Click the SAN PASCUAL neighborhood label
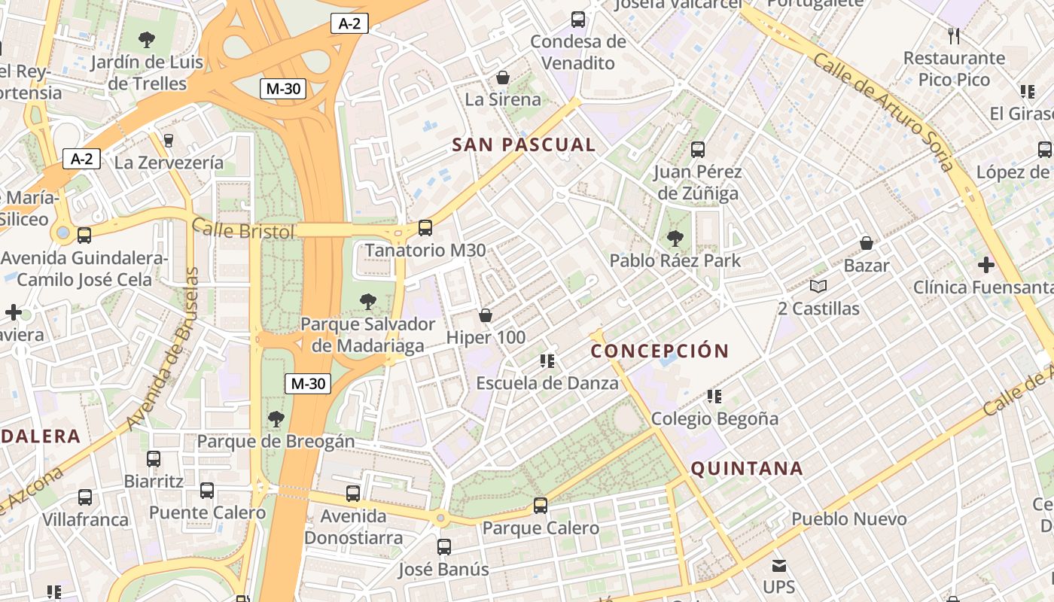tap(523, 145)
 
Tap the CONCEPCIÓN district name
tap(660, 351)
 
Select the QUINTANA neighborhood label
tap(747, 469)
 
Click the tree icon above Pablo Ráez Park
tap(675, 239)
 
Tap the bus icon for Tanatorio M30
tap(425, 228)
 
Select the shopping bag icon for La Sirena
tap(503, 78)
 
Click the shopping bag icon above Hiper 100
tap(486, 315)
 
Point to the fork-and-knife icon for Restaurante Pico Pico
tap(954, 35)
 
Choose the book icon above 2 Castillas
tap(818, 287)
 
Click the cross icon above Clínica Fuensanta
tap(985, 265)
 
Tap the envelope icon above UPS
tap(778, 565)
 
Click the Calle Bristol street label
tap(243, 230)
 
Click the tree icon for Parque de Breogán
tap(276, 419)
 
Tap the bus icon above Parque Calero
tap(541, 506)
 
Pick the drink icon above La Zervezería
tap(169, 140)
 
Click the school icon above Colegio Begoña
tap(714, 396)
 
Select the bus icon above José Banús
tap(444, 547)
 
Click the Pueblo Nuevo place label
tap(848, 519)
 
